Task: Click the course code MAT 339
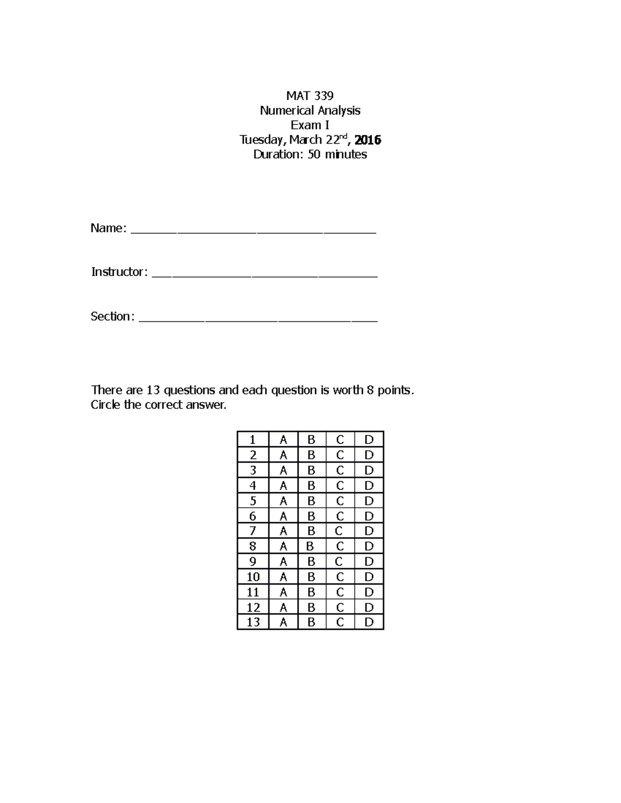click(x=310, y=96)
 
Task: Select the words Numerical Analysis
click(x=310, y=110)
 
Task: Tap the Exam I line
click(x=310, y=125)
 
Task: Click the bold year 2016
click(x=368, y=140)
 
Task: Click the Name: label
click(x=108, y=228)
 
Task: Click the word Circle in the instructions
click(x=106, y=404)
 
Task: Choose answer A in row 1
click(x=283, y=440)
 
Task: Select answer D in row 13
click(x=369, y=622)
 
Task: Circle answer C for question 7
click(x=338, y=531)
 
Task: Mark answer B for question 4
click(x=311, y=486)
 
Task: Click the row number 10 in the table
click(x=253, y=577)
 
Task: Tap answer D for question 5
click(x=369, y=501)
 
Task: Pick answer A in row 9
click(x=283, y=562)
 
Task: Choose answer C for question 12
click(x=340, y=607)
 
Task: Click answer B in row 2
click(x=311, y=455)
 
